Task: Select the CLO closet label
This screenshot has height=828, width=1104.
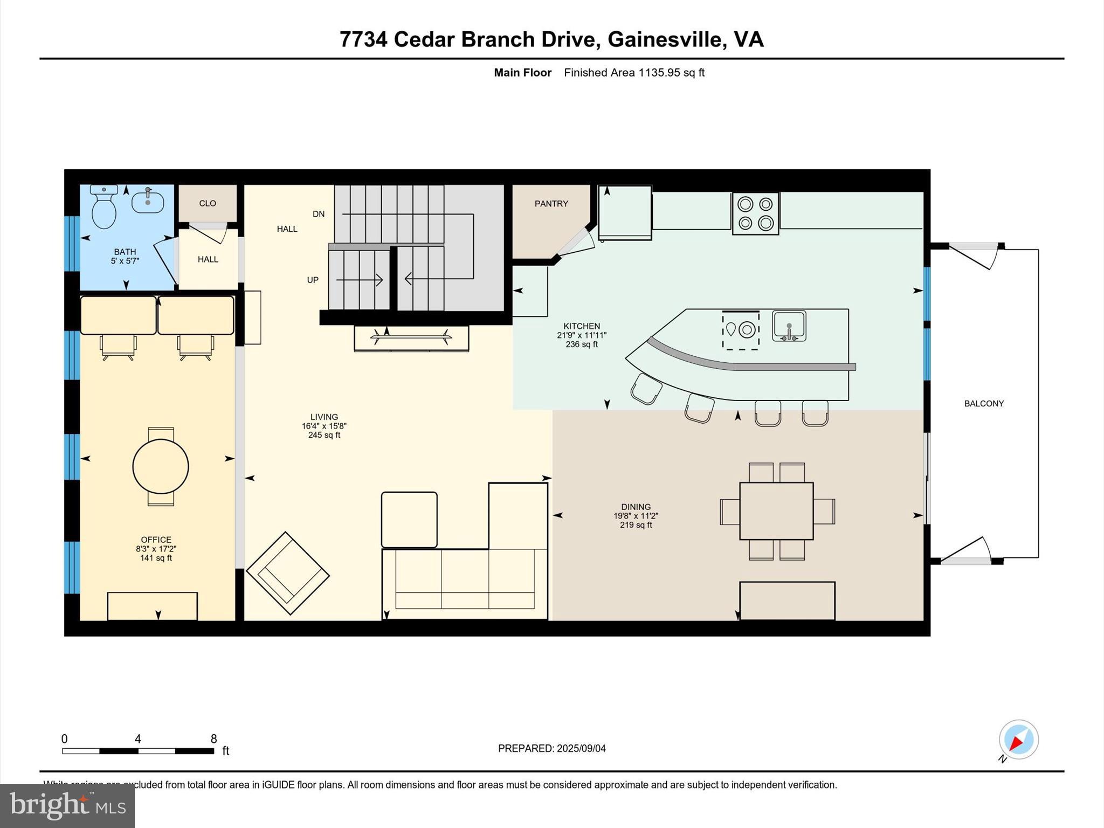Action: (208, 203)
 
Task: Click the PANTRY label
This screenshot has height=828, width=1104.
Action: (551, 204)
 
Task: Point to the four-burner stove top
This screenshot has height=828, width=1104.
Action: (755, 213)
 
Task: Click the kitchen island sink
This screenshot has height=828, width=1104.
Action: (789, 326)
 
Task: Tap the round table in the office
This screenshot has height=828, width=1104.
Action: (161, 467)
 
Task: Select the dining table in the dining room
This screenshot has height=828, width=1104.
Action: (776, 511)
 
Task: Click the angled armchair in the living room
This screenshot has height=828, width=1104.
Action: (287, 574)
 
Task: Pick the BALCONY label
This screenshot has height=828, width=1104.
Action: (984, 404)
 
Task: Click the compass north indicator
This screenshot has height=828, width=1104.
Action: (1018, 741)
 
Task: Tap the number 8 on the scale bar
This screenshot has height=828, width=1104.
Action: (213, 739)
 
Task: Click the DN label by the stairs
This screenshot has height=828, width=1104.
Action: (319, 214)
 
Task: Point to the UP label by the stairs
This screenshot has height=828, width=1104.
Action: (313, 280)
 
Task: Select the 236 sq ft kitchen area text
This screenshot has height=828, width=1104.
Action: (582, 344)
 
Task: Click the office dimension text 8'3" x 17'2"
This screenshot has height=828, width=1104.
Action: (156, 549)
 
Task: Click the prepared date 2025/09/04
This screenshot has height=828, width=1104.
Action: (581, 748)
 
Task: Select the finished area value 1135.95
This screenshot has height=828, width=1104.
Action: (659, 73)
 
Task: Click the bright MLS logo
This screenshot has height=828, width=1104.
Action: (67, 805)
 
